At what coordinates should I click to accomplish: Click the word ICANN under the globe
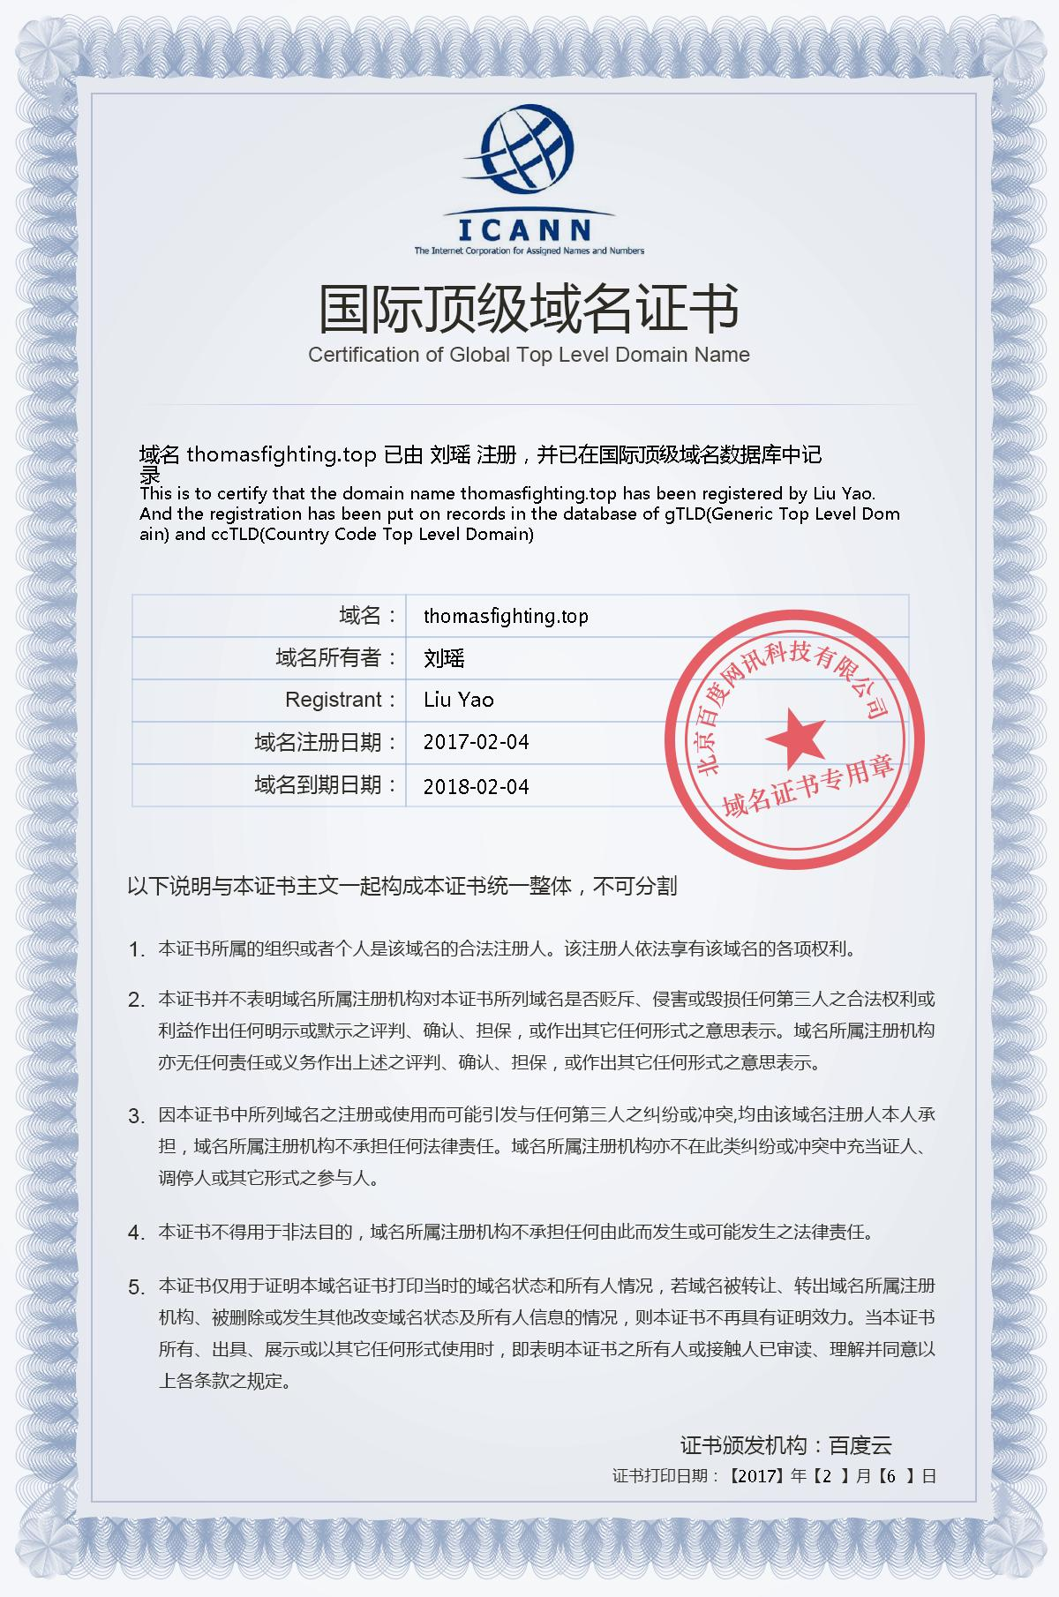526,230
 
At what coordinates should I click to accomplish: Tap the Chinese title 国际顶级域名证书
529,308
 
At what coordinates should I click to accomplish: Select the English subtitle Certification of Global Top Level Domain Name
529,355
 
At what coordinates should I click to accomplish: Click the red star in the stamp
794,738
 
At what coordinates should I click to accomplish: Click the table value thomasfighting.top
506,616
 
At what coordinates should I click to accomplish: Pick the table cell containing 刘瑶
444,658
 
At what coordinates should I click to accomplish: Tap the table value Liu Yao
458,700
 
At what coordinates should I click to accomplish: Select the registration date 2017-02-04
476,742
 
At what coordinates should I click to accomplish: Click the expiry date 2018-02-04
476,786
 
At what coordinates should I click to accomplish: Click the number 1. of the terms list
136,950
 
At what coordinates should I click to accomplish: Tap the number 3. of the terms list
136,1117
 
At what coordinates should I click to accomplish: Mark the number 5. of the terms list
136,1288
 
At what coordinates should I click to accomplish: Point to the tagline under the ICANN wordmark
529,251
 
